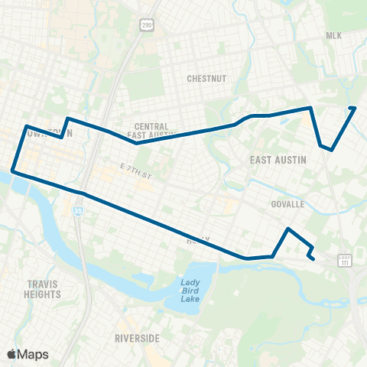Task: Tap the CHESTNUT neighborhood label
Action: point(204,78)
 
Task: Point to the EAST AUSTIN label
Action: point(278,160)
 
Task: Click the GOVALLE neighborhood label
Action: point(287,204)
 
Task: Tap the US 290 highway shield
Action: point(146,26)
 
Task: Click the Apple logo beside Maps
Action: point(12,354)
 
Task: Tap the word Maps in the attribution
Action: point(34,354)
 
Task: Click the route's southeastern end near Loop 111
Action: point(314,259)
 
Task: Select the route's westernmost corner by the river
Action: point(12,171)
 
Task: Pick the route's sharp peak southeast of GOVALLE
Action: point(287,229)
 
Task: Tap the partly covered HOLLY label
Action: point(196,240)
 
